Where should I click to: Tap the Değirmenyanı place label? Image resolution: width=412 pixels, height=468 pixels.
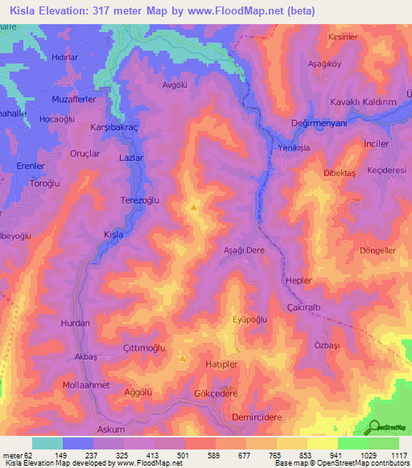319,123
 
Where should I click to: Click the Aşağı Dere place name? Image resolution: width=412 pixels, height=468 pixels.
244,250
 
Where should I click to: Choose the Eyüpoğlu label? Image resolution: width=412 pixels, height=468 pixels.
249,319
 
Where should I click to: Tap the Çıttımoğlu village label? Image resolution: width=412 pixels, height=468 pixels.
145,347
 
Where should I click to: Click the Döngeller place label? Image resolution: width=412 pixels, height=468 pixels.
377,250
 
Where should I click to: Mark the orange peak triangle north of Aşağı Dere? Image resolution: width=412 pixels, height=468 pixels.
194,207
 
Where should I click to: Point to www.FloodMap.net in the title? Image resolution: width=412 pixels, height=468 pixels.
245,10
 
